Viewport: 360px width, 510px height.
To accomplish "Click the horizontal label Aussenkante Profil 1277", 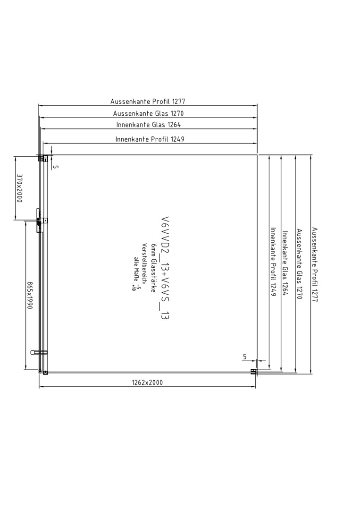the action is tap(148, 102).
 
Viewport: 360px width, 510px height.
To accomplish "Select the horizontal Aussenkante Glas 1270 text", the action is tap(148, 113).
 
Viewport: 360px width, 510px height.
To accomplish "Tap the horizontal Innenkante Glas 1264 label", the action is tap(149, 125).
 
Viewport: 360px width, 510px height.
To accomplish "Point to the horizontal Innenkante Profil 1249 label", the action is tap(150, 139).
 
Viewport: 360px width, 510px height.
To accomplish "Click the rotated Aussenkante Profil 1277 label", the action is tap(314, 264).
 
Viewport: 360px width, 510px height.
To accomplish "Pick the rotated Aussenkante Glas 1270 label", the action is tap(299, 264).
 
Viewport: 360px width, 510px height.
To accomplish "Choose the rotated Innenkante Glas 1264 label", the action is tap(285, 263).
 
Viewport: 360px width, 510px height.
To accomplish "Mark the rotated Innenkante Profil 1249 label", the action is tap(273, 262).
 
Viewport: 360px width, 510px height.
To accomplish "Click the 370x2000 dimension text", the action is tap(19, 188).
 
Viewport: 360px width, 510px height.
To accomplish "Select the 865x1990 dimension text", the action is tap(29, 295).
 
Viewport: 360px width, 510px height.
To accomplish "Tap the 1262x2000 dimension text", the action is tap(147, 382).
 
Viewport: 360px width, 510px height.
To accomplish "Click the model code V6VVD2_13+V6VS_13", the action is tap(165, 268).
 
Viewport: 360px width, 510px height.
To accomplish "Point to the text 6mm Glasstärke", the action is tap(153, 268).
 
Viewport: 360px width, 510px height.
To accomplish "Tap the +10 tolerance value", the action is tap(133, 288).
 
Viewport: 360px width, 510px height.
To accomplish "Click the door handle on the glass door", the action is tap(39, 352).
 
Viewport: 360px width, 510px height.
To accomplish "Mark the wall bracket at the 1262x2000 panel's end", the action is tap(253, 372).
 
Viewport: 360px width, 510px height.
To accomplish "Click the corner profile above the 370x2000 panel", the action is tap(43, 158).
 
